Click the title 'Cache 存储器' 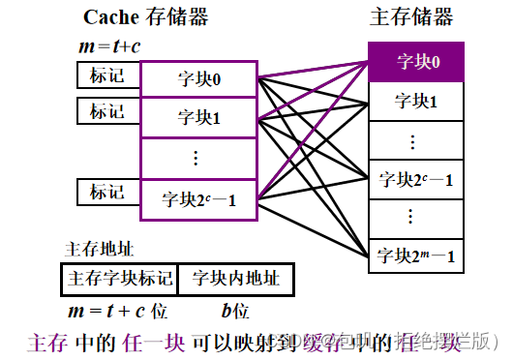pyautogui.click(x=145, y=17)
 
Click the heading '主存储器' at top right pyautogui.click(x=411, y=17)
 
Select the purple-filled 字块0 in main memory pyautogui.click(x=418, y=62)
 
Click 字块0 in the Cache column pyautogui.click(x=199, y=79)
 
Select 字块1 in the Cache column pyautogui.click(x=199, y=118)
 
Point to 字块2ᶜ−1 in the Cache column pyautogui.click(x=199, y=200)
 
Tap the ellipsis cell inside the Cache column pyautogui.click(x=199, y=158)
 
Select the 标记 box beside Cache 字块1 pyautogui.click(x=107, y=111)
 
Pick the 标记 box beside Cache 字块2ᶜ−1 pyautogui.click(x=107, y=192)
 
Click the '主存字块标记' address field pyautogui.click(x=119, y=279)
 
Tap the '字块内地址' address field pyautogui.click(x=235, y=279)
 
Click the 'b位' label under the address pyautogui.click(x=235, y=312)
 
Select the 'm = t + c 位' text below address pyautogui.click(x=118, y=312)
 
